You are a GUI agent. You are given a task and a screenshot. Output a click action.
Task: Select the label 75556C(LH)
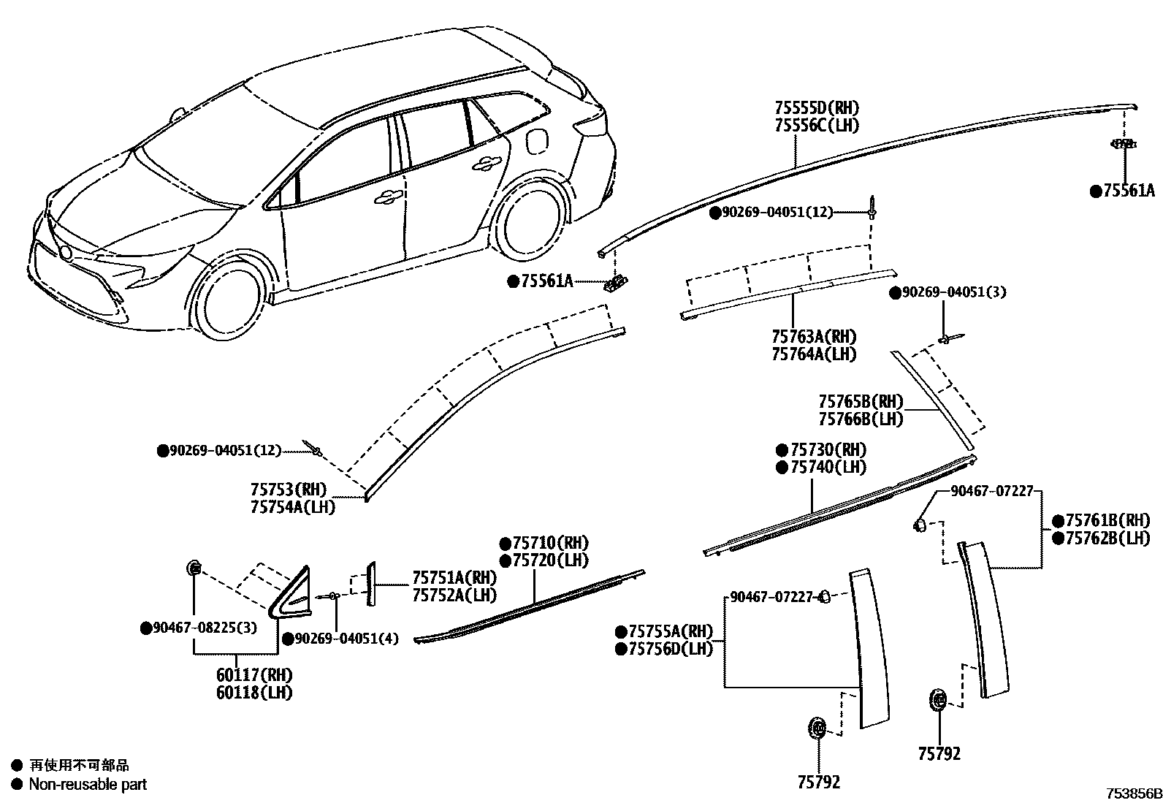coord(817,126)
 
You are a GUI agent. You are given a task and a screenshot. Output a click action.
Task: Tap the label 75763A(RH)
coord(814,337)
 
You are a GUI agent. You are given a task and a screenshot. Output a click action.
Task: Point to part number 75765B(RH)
coord(861,402)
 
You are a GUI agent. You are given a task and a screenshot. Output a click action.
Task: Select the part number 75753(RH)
coord(289,490)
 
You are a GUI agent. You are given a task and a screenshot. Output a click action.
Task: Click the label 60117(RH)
coord(253,675)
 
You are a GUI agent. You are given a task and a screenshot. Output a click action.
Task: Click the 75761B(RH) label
coord(1107,521)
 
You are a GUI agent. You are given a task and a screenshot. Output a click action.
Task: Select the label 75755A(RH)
coord(669,631)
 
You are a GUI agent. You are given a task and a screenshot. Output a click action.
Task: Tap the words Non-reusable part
coord(88,785)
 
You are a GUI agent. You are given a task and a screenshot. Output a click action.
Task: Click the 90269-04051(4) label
coord(346,639)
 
